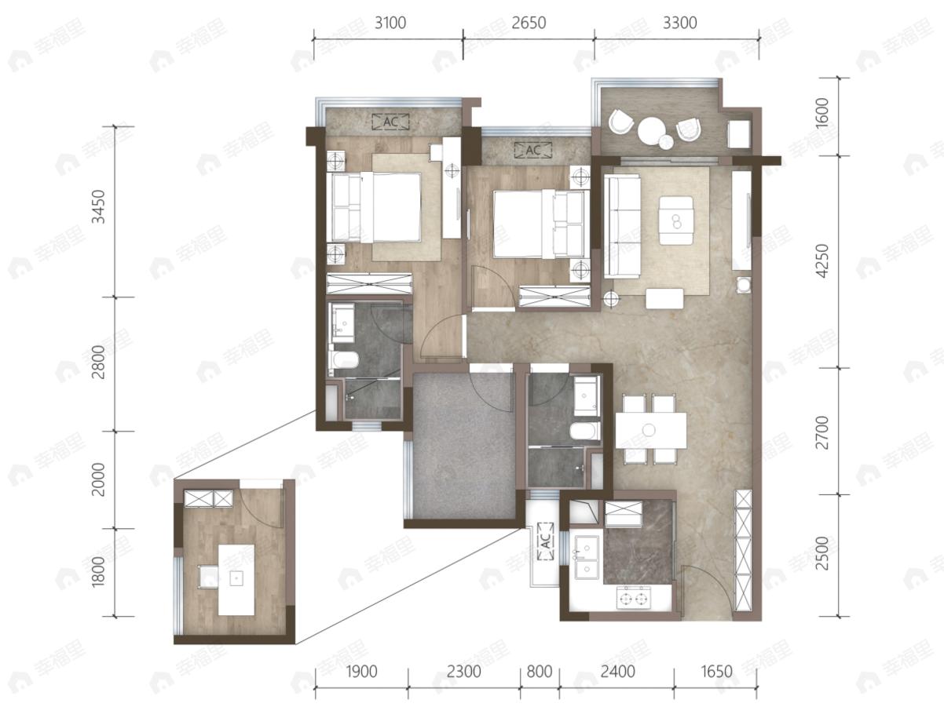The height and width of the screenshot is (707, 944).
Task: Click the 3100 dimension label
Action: (390, 23)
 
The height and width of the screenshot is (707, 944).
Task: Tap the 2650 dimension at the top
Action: (529, 23)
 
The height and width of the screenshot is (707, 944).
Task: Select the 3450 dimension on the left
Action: (98, 206)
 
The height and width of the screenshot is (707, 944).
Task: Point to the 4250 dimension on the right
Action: (821, 261)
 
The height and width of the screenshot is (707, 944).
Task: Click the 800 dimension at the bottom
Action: (540, 672)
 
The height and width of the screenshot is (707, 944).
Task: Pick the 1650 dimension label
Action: (716, 672)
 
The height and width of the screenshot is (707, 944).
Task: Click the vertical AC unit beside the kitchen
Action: (546, 541)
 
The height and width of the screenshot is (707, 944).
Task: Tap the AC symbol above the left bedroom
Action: (390, 122)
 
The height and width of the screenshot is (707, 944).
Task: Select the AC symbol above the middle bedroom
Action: (533, 151)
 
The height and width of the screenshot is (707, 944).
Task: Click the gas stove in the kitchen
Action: (634, 597)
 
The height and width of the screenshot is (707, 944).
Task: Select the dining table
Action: (651, 430)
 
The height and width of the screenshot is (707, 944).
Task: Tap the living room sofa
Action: (622, 226)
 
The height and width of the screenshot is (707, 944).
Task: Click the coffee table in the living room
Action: (676, 220)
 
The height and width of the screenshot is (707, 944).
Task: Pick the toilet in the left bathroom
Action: (345, 360)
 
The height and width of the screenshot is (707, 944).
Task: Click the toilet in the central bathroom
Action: (584, 431)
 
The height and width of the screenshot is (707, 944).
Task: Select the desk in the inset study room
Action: (236, 580)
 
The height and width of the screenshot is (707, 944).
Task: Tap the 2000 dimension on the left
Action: (98, 479)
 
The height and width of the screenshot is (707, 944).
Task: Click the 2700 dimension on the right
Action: (821, 432)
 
